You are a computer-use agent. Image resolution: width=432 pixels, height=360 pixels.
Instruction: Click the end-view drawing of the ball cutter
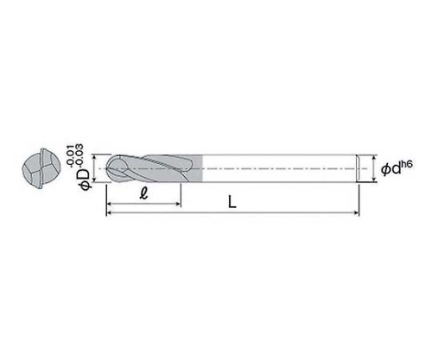41,168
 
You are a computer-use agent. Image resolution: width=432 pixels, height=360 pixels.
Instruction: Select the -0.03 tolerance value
79,155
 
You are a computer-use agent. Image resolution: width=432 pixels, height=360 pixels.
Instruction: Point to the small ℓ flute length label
143,193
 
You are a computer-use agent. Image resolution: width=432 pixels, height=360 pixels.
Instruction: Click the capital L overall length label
232,201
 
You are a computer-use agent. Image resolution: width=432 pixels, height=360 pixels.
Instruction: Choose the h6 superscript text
407,165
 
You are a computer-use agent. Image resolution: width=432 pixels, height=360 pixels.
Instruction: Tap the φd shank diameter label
391,169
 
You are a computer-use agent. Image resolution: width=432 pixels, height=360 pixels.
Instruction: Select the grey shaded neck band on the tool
196,168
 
